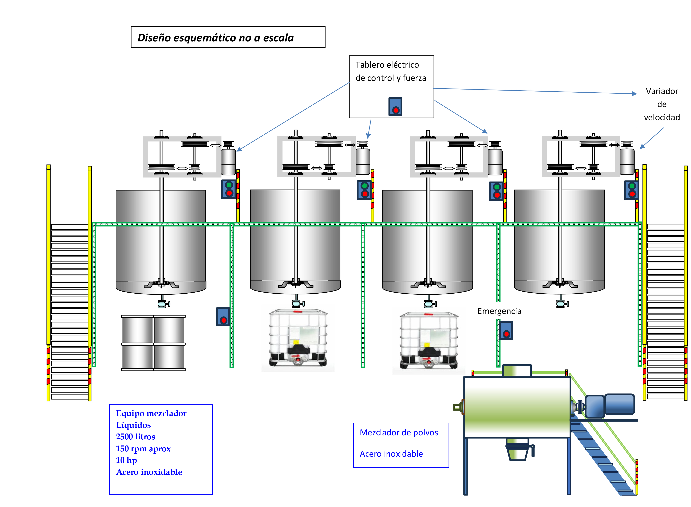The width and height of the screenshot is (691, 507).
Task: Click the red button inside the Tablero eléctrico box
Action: [395, 110]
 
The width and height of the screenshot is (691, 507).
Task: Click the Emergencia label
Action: [499, 311]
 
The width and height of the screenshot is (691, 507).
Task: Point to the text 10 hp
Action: [126, 460]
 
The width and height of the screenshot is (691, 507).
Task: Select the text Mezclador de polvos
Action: [399, 432]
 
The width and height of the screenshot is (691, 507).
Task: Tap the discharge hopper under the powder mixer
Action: [517, 452]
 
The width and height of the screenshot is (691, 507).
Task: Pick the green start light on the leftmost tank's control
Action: [229, 185]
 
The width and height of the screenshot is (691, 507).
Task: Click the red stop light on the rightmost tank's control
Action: [632, 194]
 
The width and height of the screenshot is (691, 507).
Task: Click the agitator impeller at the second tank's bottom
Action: [296, 284]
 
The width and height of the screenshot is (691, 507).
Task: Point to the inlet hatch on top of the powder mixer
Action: [517, 370]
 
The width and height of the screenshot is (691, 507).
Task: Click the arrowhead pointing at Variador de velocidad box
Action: [635, 94]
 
